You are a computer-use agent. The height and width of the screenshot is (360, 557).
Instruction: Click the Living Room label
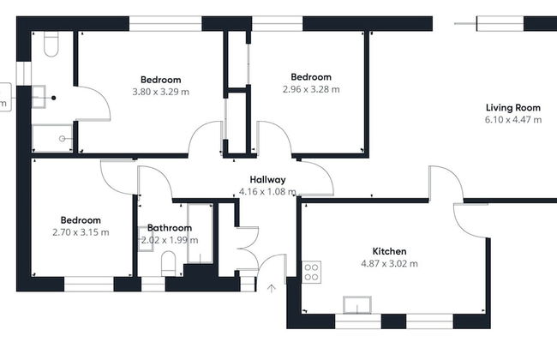[x=513, y=108]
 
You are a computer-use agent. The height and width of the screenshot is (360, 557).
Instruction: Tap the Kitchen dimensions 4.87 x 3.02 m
[x=389, y=264]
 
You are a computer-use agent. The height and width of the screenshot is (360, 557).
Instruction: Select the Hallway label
[x=267, y=180]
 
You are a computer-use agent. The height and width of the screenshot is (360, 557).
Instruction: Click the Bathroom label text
[x=170, y=228]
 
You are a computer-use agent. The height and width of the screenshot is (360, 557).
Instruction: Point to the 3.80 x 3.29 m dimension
[x=161, y=92]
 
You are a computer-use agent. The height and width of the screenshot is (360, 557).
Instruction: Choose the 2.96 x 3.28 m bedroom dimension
[x=311, y=89]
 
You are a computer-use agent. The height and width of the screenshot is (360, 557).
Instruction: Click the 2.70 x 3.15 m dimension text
[x=81, y=232]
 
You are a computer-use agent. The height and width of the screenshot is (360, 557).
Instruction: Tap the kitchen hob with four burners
[x=312, y=273]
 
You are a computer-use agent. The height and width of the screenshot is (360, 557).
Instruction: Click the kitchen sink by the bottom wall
[x=357, y=305]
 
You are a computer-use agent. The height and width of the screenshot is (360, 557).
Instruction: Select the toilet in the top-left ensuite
[x=51, y=44]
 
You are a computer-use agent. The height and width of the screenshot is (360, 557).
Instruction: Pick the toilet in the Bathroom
[x=168, y=264]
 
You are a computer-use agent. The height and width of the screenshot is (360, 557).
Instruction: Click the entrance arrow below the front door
[x=272, y=288]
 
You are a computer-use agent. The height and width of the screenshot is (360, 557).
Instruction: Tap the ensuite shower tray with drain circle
[x=52, y=138]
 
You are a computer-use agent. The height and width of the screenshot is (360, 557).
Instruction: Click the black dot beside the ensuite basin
[x=54, y=98]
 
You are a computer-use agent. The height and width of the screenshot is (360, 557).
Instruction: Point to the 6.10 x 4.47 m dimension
[x=513, y=120]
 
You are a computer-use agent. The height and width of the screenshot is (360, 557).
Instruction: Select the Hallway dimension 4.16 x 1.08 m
[x=267, y=192]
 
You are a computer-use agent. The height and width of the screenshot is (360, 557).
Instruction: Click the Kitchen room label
[x=389, y=251]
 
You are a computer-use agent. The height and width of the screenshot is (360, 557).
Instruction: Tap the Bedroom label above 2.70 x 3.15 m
[x=81, y=220]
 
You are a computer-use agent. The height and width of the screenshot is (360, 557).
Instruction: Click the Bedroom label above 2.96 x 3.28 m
[x=311, y=77]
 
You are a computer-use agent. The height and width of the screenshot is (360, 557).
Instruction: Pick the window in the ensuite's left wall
[x=24, y=74]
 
